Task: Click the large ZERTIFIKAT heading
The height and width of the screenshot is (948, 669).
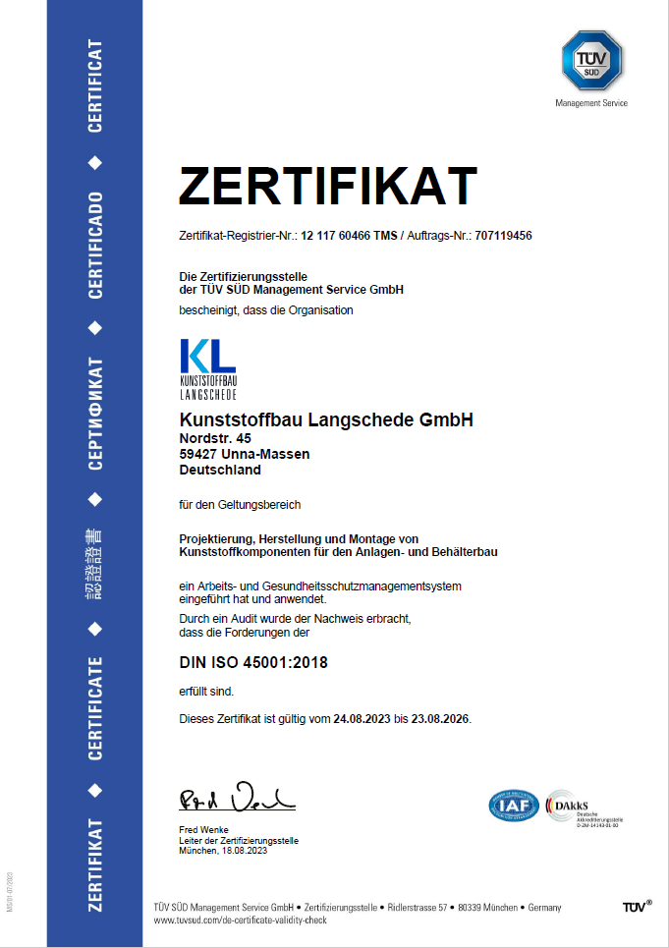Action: (x=327, y=186)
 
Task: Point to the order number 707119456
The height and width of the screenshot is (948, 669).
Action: (x=503, y=236)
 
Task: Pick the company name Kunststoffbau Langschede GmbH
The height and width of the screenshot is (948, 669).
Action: (x=326, y=420)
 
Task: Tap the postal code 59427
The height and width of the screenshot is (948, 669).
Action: (x=198, y=454)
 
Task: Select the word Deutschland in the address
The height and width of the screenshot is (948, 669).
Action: (x=220, y=470)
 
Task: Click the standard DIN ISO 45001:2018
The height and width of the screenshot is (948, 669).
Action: (x=253, y=663)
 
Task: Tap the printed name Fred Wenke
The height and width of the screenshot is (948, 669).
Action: (x=203, y=830)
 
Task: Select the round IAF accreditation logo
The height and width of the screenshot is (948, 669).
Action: (x=514, y=806)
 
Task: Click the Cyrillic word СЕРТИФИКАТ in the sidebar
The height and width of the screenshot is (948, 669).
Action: (x=95, y=413)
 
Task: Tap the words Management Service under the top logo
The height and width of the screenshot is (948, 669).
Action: (x=591, y=103)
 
